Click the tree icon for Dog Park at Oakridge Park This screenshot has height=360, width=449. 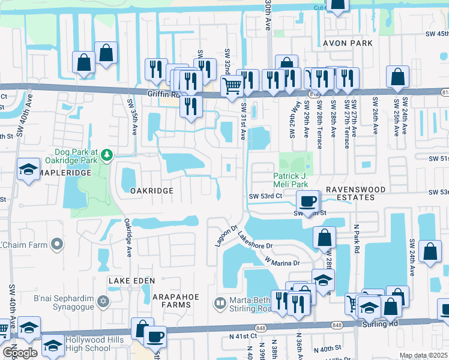click(107, 155)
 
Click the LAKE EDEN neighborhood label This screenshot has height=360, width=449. click(131, 281)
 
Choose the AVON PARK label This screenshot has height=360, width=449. click(348, 43)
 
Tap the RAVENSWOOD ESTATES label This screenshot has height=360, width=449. click(354, 193)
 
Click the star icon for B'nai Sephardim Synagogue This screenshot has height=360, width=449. click(103, 300)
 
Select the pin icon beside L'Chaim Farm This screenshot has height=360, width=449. click(57, 244)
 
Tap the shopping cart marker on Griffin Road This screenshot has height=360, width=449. click(232, 85)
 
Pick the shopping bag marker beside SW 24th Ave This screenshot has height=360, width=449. click(431, 252)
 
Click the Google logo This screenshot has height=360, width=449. click(20, 353)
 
